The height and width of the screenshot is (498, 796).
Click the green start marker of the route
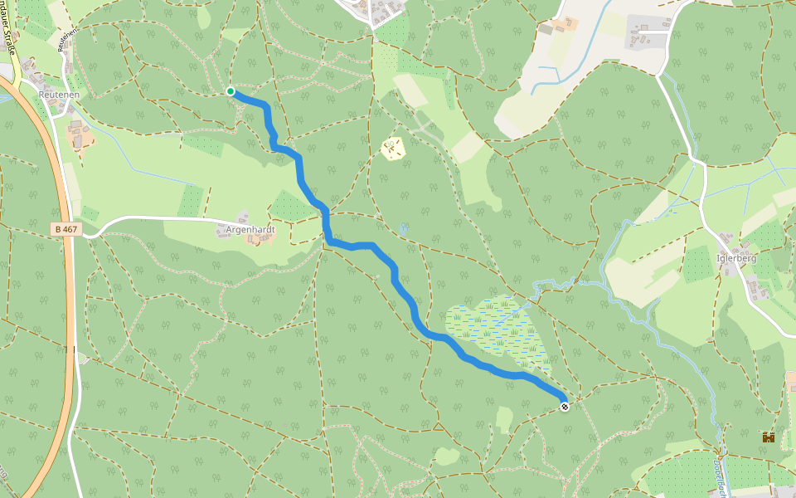(x=231, y=91)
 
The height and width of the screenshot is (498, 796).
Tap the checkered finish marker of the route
(x=565, y=407)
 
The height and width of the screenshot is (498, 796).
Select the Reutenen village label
(x=58, y=95)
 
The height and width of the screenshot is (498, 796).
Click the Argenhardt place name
(x=250, y=228)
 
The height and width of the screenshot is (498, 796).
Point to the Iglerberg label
(x=737, y=258)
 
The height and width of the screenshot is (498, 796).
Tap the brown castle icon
(x=769, y=437)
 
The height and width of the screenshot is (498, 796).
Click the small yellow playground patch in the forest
(x=393, y=149)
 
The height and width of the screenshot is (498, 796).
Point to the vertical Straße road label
(x=11, y=33)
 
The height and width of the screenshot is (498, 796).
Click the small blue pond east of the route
(x=404, y=228)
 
